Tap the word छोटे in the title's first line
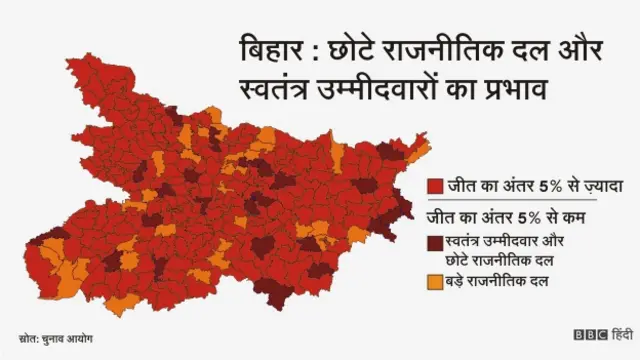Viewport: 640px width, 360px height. (341, 51)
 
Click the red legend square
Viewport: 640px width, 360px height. (434, 186)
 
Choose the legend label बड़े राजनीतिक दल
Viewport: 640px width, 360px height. (496, 283)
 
